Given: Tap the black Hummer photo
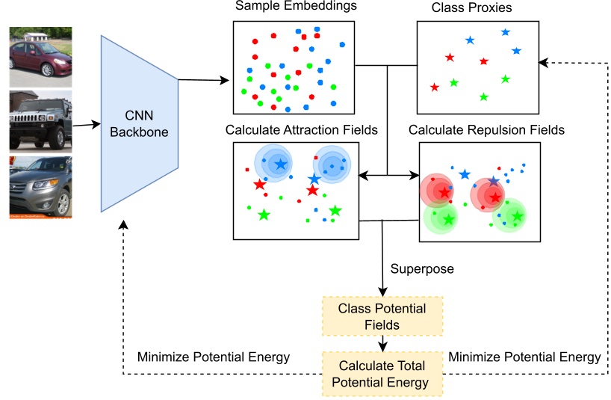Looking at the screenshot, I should [x=40, y=121].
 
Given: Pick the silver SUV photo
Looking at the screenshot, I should [x=40, y=187].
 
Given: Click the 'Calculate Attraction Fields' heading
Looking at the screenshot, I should [x=301, y=130].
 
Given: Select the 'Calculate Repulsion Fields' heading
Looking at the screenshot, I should [x=486, y=130].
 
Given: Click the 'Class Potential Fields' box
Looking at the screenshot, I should [x=382, y=316].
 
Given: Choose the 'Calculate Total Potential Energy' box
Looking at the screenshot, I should [x=382, y=374].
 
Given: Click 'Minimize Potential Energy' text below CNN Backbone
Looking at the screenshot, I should [x=213, y=357].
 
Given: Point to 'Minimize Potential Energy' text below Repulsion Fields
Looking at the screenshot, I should [x=524, y=357].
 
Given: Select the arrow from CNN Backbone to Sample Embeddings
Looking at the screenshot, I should [x=203, y=79].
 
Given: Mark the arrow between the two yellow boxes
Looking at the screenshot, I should [x=382, y=343].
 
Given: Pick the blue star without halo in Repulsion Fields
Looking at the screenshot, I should [x=465, y=174].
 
